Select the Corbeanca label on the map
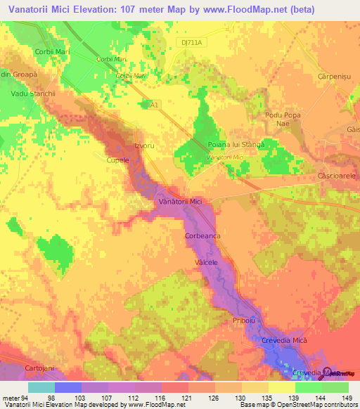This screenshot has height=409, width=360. (204, 237)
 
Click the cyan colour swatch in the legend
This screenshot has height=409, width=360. (41, 387)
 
